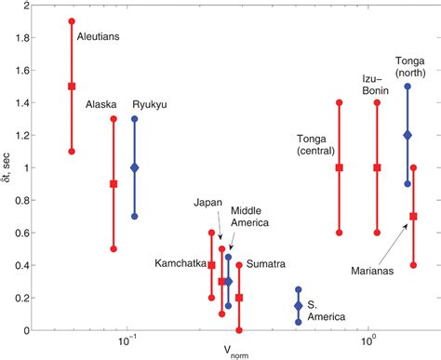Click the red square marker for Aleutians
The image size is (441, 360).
72,87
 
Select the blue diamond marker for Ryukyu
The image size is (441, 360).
135,167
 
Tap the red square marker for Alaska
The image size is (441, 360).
114,184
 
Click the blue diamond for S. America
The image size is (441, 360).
298,306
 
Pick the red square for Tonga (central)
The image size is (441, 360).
339,167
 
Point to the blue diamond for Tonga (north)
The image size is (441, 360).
408,135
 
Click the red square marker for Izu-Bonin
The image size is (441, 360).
377,167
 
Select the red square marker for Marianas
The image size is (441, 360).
413,217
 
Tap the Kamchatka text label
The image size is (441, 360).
180,264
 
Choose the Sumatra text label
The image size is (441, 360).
265,264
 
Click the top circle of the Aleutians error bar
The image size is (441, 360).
72,21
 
